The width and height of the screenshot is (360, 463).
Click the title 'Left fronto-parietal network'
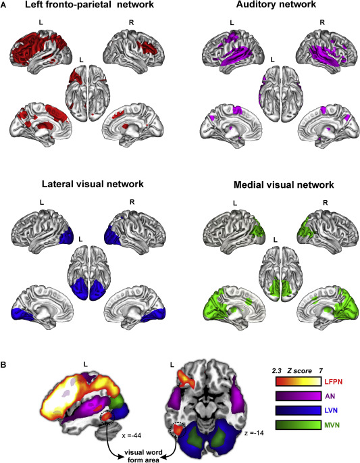click(x=89, y=5)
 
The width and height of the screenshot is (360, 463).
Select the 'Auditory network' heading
click(x=276, y=5)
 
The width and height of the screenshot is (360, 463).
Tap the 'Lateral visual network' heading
click(x=93, y=184)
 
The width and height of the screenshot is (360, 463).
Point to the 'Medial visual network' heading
click(x=284, y=185)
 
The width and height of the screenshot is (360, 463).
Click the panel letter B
click(x=3, y=365)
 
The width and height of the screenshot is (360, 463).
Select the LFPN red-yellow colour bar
click(x=299, y=381)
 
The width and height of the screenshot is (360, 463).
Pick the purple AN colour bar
click(x=299, y=396)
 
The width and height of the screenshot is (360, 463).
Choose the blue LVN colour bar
click(x=299, y=410)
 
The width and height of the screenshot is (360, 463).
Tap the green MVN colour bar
click(x=299, y=425)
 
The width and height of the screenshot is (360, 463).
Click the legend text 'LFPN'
click(x=334, y=381)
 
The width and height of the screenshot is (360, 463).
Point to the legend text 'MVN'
click(x=332, y=425)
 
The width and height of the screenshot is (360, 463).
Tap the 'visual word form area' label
click(x=143, y=456)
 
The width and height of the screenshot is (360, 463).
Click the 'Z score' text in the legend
click(x=299, y=371)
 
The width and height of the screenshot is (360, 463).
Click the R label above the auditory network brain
click(x=322, y=22)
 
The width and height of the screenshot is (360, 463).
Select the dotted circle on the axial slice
click(x=179, y=430)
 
